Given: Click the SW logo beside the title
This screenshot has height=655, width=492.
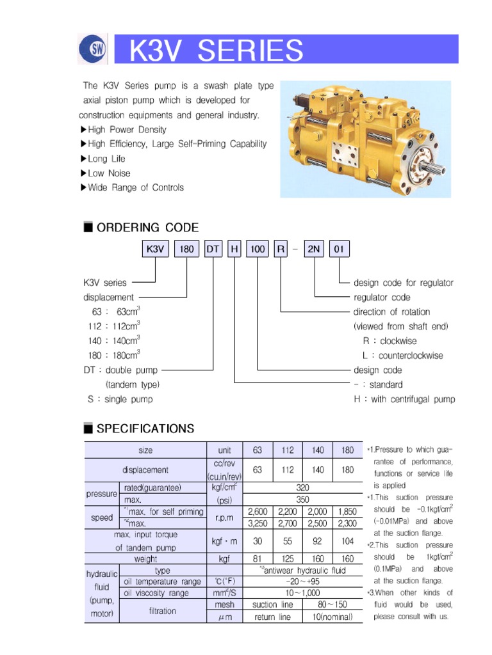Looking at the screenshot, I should [x=92, y=50].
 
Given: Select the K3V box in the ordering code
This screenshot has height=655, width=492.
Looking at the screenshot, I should [x=156, y=249].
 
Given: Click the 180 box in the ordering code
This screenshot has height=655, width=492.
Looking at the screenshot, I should [x=186, y=249].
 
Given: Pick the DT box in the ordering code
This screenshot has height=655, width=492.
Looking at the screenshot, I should [x=213, y=249].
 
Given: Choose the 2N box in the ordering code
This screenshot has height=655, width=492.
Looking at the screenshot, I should [x=314, y=249].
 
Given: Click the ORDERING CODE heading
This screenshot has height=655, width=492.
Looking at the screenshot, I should [x=147, y=228].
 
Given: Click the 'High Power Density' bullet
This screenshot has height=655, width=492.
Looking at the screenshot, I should [x=127, y=130].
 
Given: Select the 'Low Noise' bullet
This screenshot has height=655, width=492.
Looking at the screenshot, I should [x=109, y=173].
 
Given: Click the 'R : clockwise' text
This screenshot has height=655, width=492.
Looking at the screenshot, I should [x=389, y=341].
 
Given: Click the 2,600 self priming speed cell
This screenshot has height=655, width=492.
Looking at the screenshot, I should [x=258, y=512].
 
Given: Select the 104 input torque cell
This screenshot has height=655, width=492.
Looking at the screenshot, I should [x=347, y=541].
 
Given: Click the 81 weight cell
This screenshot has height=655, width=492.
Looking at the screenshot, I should [x=258, y=559].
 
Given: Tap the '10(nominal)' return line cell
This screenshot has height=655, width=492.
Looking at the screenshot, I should [x=332, y=617].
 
